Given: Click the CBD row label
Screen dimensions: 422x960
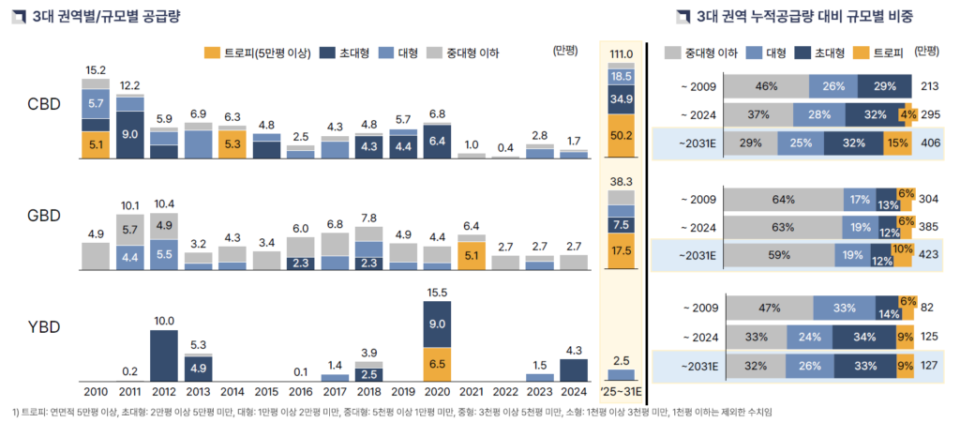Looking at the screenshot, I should click(44, 103).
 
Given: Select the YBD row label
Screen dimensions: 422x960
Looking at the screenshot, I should click(44, 327).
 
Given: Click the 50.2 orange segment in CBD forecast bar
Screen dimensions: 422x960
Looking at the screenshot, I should click(621, 135).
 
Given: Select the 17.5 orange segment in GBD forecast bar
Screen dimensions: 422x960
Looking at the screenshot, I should click(621, 251).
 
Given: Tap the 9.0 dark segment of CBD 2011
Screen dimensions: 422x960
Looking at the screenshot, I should click(130, 134).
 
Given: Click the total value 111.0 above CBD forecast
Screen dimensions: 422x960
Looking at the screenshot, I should click(621, 54).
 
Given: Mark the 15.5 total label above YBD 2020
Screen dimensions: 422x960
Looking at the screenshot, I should click(437, 293).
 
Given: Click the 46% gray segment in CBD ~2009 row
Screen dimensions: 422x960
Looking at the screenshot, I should click(767, 86).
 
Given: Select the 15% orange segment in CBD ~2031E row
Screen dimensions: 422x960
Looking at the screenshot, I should click(897, 144).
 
